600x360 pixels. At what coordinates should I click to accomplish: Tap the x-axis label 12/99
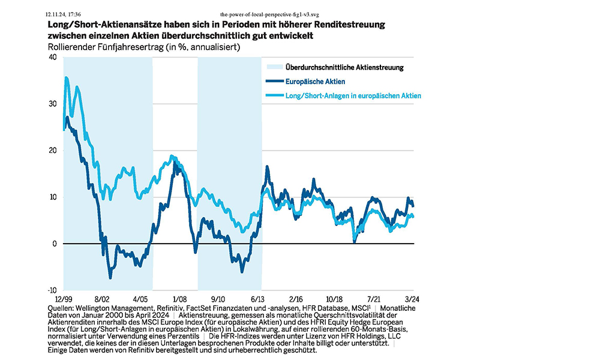[x=63, y=298]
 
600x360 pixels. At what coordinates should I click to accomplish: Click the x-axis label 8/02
[x=102, y=298]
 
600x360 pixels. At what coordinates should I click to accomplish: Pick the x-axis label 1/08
[x=179, y=298]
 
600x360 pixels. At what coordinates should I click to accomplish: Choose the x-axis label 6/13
[x=257, y=298]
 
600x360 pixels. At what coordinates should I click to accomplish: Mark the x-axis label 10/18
[x=335, y=298]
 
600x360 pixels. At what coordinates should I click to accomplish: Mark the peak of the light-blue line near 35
[x=66, y=77]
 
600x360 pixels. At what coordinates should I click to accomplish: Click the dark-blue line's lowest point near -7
[x=110, y=277]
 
